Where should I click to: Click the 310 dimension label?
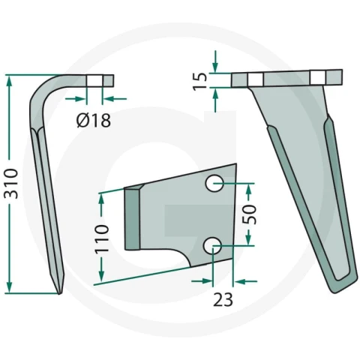tap(11, 184)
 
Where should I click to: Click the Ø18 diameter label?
tap(94, 120)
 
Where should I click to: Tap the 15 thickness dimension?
tap(200, 81)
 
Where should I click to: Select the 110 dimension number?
tap(102, 238)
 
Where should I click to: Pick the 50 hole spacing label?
tap(249, 214)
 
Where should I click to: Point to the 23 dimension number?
tap(223, 299)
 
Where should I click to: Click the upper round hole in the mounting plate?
tap(214, 184)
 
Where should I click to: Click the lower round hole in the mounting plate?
tap(212, 245)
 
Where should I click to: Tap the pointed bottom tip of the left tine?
tap(59, 293)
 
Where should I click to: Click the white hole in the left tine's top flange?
tap(94, 81)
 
